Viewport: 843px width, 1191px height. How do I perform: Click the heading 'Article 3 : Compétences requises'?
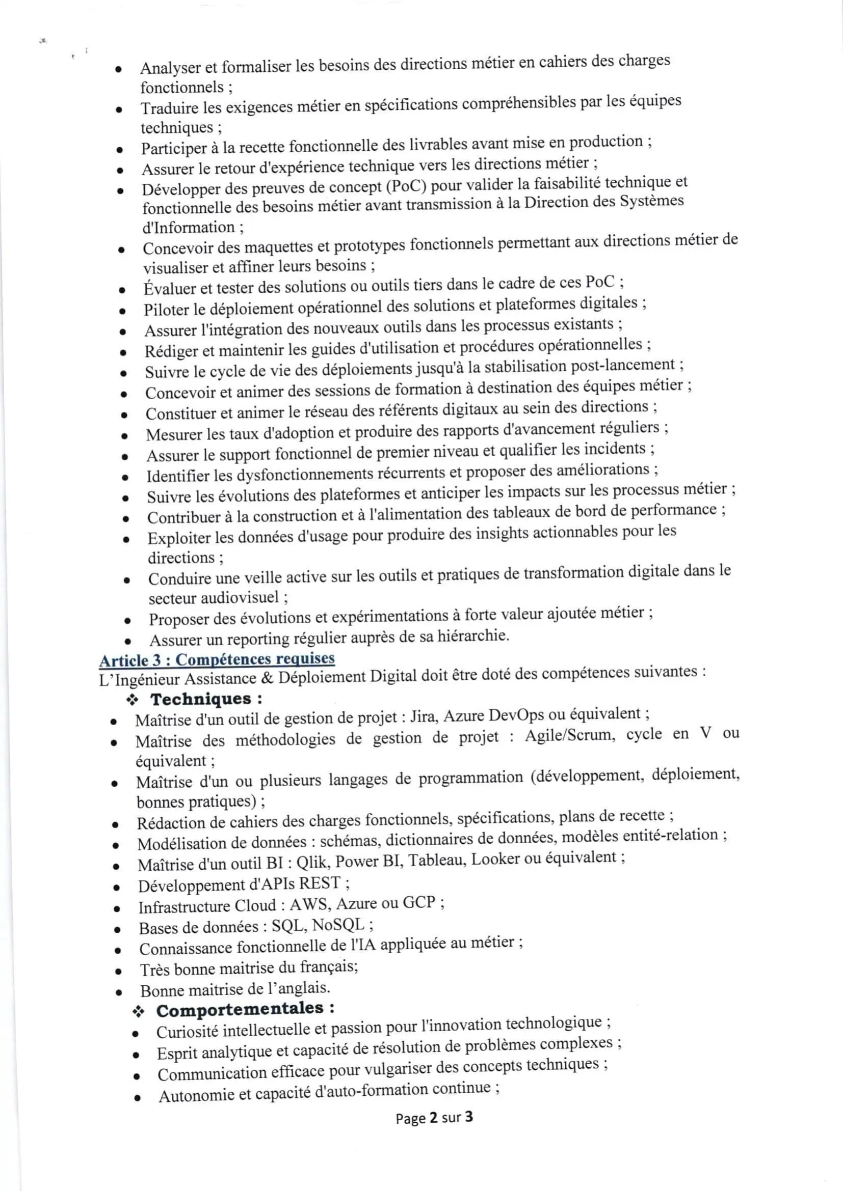[217, 659]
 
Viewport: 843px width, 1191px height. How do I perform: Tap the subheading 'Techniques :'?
[206, 699]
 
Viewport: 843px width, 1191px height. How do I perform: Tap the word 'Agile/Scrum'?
[569, 736]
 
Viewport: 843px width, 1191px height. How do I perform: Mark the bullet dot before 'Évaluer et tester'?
[121, 290]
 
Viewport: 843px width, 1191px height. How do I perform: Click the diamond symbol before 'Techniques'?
[133, 700]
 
